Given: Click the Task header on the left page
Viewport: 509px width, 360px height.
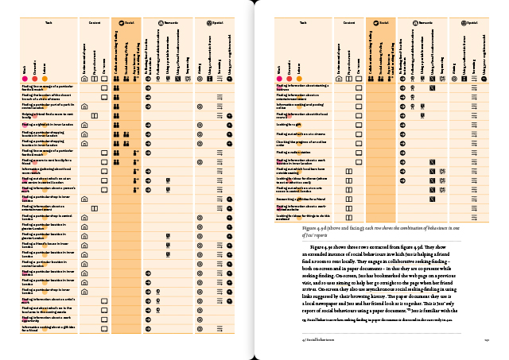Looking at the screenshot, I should click(49, 25).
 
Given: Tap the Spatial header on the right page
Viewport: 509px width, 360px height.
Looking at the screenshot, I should click(472, 25).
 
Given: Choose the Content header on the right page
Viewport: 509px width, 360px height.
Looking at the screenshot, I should click(348, 25).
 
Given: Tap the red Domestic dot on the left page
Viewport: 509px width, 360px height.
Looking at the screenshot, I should click(35, 78).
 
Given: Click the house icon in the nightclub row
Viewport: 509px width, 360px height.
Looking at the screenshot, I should click(84, 125).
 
